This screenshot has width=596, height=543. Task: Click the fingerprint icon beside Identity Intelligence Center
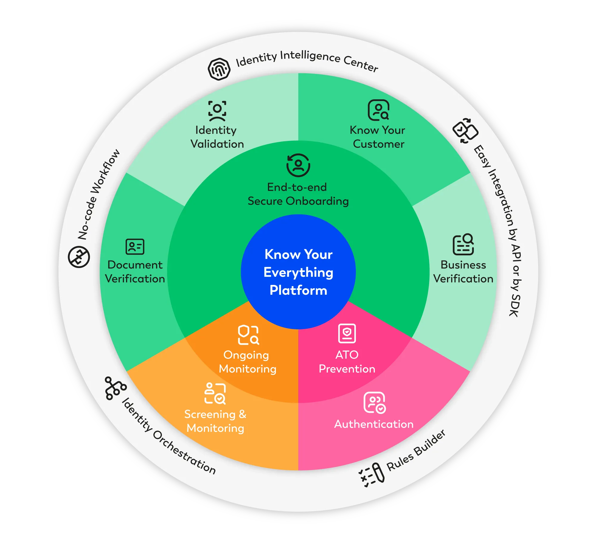(x=219, y=69)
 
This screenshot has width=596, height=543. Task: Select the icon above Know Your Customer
(x=378, y=110)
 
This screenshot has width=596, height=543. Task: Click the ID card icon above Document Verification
(x=135, y=246)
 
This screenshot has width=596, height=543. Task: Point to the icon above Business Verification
(x=463, y=245)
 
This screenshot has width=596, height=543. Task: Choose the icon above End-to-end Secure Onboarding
(x=298, y=165)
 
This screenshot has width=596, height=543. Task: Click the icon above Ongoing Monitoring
(x=248, y=335)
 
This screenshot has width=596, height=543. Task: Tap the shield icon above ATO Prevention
(x=347, y=333)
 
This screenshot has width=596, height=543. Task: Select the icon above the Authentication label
(x=375, y=403)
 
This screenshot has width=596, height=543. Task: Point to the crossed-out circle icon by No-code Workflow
(x=79, y=257)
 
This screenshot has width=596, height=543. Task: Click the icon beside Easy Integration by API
(x=465, y=131)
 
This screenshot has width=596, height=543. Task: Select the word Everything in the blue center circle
(x=298, y=273)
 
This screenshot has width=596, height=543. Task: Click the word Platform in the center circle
(x=298, y=290)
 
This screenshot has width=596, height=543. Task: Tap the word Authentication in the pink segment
(x=374, y=424)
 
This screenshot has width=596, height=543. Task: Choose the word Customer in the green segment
(x=378, y=144)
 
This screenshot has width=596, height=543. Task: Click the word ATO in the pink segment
(x=347, y=355)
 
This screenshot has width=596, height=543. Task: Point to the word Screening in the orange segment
(x=210, y=414)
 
